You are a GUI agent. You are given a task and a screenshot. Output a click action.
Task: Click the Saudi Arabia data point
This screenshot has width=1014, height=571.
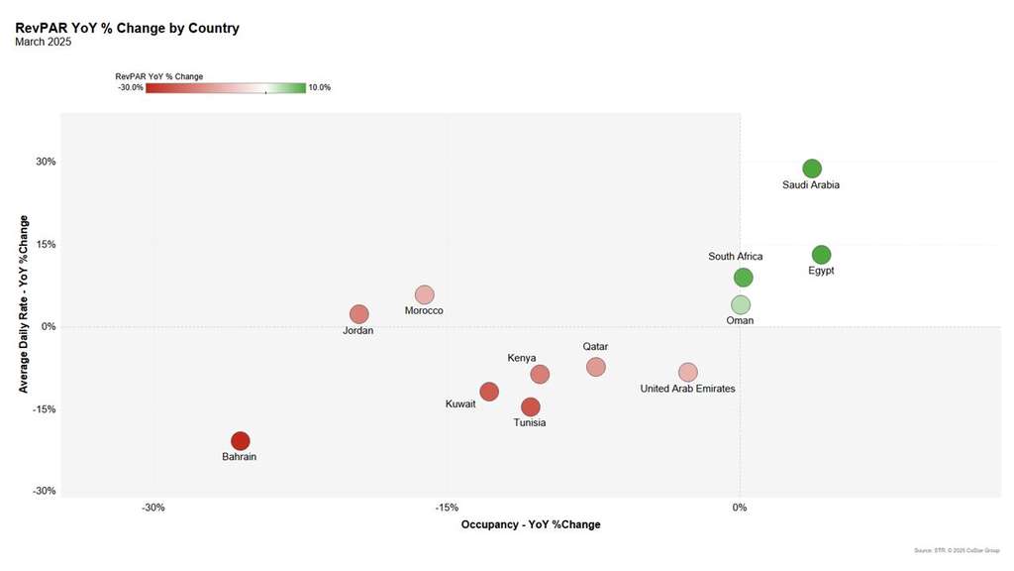point(812,169)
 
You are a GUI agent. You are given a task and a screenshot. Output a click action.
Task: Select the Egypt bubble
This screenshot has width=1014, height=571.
point(821,255)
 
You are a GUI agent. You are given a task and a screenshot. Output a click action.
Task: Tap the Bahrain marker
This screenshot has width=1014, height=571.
point(240,441)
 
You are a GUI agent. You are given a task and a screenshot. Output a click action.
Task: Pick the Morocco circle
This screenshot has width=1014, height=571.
point(425,294)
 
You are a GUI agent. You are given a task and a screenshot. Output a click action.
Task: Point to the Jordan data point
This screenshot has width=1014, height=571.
point(359,314)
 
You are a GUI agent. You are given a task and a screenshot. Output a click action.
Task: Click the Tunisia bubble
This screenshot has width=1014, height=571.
point(531,406)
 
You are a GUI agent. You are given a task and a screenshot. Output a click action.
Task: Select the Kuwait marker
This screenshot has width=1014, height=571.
point(489,392)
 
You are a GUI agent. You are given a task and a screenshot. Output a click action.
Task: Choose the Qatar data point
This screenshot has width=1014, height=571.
point(595,367)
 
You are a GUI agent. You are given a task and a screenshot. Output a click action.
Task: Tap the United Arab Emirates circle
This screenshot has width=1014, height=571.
point(688,372)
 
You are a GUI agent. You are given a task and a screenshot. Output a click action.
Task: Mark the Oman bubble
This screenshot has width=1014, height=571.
point(741,304)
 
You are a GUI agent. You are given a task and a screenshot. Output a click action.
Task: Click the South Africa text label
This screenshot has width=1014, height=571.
point(736,257)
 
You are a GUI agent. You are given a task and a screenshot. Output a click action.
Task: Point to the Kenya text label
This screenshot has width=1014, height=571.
point(522,358)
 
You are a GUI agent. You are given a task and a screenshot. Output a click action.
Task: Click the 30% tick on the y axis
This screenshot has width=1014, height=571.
point(47,162)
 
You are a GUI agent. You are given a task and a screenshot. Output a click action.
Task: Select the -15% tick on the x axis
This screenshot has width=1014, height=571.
point(447,508)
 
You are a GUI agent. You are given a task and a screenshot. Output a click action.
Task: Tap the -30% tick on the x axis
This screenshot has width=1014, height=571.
point(152,508)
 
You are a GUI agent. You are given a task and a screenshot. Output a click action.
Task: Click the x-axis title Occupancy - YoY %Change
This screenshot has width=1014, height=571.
point(531,524)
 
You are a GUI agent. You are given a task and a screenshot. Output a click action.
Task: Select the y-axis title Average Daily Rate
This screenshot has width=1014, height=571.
point(23,303)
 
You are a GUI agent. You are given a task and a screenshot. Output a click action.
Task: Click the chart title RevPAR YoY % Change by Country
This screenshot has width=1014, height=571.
point(127,28)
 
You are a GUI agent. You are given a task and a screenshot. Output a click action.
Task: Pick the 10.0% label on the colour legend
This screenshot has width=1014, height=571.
point(320,87)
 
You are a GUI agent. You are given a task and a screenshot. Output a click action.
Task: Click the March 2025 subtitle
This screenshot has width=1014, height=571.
point(44,42)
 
